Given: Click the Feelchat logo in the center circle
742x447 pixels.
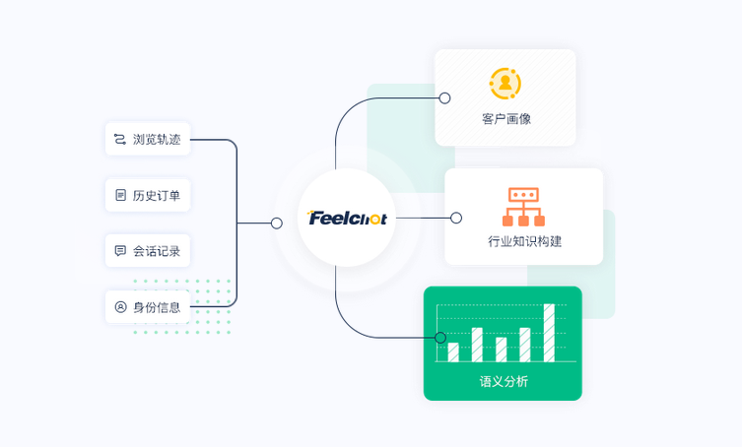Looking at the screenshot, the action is click(x=347, y=218).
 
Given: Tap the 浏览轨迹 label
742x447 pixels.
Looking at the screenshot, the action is click(x=157, y=139).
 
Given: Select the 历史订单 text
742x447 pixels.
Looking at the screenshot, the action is click(x=157, y=195).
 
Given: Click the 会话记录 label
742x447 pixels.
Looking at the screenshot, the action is click(x=157, y=251).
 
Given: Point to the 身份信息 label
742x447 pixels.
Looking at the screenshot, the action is click(x=157, y=307).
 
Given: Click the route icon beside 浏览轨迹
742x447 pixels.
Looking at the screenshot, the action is click(x=120, y=139).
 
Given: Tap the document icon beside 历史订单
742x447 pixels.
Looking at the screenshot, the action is click(x=120, y=195).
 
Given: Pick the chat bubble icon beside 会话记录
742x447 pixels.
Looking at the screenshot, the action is click(x=120, y=251).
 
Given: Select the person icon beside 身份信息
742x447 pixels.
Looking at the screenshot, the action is click(x=120, y=307).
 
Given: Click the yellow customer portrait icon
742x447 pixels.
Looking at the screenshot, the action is click(x=506, y=84).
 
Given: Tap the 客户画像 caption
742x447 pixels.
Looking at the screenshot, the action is click(x=506, y=119).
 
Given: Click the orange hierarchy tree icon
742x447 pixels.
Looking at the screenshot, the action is click(x=523, y=207).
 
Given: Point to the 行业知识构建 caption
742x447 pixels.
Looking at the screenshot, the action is click(x=525, y=241).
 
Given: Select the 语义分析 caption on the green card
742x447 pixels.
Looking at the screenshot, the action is click(x=504, y=381).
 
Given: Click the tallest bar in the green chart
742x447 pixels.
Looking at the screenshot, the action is click(x=549, y=333).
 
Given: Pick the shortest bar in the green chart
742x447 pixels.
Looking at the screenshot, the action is click(x=453, y=352).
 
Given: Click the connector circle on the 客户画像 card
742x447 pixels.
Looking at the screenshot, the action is click(x=444, y=97).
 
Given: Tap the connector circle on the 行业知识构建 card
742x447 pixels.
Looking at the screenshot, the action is click(x=456, y=218).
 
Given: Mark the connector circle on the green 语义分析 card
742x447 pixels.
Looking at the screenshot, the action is click(x=440, y=338).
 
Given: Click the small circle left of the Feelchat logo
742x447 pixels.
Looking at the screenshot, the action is click(x=277, y=223).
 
